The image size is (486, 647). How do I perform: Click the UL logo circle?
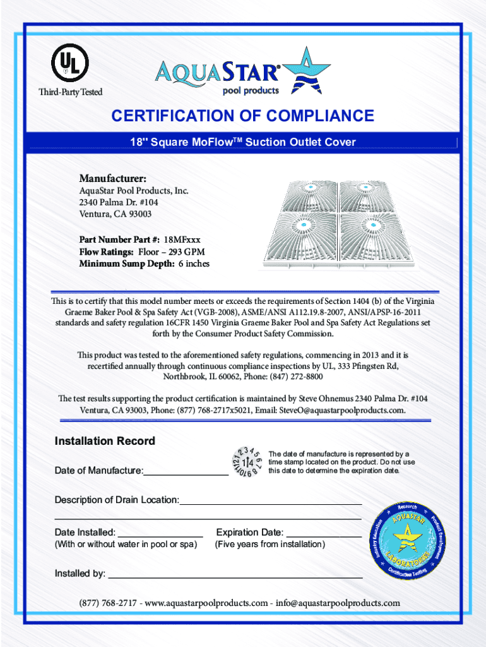point(69,62)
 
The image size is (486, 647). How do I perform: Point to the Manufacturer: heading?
point(113,178)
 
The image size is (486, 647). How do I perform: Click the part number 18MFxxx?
point(182,239)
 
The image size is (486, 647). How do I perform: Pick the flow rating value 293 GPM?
point(193,251)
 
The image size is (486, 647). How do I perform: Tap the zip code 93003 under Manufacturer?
point(138,214)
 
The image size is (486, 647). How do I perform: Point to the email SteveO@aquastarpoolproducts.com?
point(341,410)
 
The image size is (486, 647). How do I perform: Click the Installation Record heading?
point(105,441)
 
